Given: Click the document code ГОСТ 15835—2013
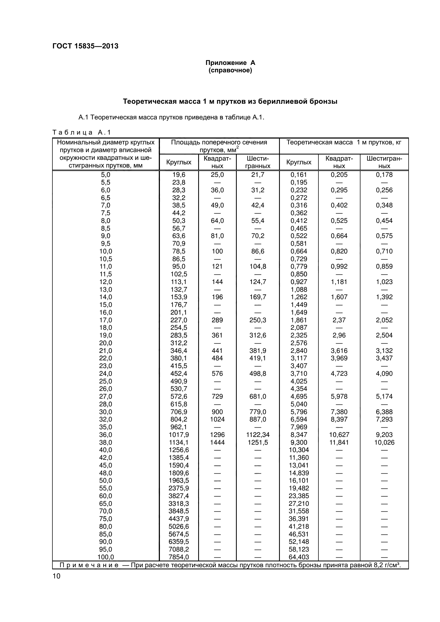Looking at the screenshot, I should click(x=85, y=46).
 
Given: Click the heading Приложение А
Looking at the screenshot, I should click(x=230, y=63).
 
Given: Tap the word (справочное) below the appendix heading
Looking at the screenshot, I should click(x=230, y=70).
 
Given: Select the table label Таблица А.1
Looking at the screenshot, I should click(x=82, y=132).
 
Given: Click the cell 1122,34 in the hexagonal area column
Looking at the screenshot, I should click(x=258, y=435).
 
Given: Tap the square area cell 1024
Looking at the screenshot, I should click(x=217, y=419).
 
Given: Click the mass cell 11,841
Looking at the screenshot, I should click(x=339, y=443).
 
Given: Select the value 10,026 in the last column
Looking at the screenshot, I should click(x=384, y=443).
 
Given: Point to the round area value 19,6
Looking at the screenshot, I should click(x=179, y=175).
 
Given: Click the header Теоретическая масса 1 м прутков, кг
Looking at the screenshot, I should click(x=344, y=143).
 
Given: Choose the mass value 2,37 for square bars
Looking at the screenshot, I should click(x=339, y=320).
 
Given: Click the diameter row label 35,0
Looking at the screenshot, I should click(x=106, y=427).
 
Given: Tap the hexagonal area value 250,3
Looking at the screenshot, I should click(x=258, y=320).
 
